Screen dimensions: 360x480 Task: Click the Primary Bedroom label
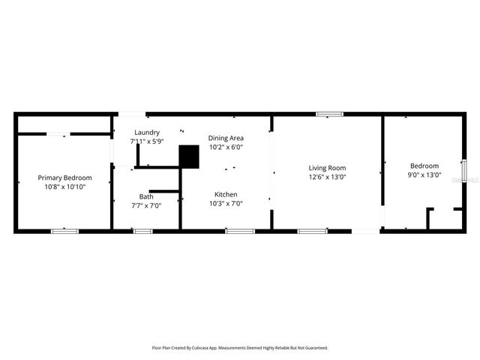click(x=64, y=178)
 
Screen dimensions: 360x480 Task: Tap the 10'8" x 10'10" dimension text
click(x=64, y=187)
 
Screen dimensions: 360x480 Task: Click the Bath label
click(x=145, y=196)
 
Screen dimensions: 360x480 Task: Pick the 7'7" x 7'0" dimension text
click(x=145, y=205)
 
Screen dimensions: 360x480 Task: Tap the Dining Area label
click(x=226, y=138)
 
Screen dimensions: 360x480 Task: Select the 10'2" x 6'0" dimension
click(x=226, y=147)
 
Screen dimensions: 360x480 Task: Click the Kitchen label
click(x=226, y=193)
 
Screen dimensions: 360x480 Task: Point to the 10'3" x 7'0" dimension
click(x=226, y=202)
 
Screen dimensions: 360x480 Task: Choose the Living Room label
click(x=327, y=168)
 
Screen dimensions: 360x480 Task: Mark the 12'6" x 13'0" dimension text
click(x=327, y=177)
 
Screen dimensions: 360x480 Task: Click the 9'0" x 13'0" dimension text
click(x=424, y=175)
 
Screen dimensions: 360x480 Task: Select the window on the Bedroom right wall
click(x=463, y=170)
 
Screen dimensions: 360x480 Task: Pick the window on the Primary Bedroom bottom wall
click(x=64, y=231)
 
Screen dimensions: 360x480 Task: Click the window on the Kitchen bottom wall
click(x=240, y=231)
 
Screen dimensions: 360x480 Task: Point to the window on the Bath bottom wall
click(x=142, y=231)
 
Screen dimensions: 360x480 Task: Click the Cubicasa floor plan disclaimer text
click(x=240, y=348)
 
